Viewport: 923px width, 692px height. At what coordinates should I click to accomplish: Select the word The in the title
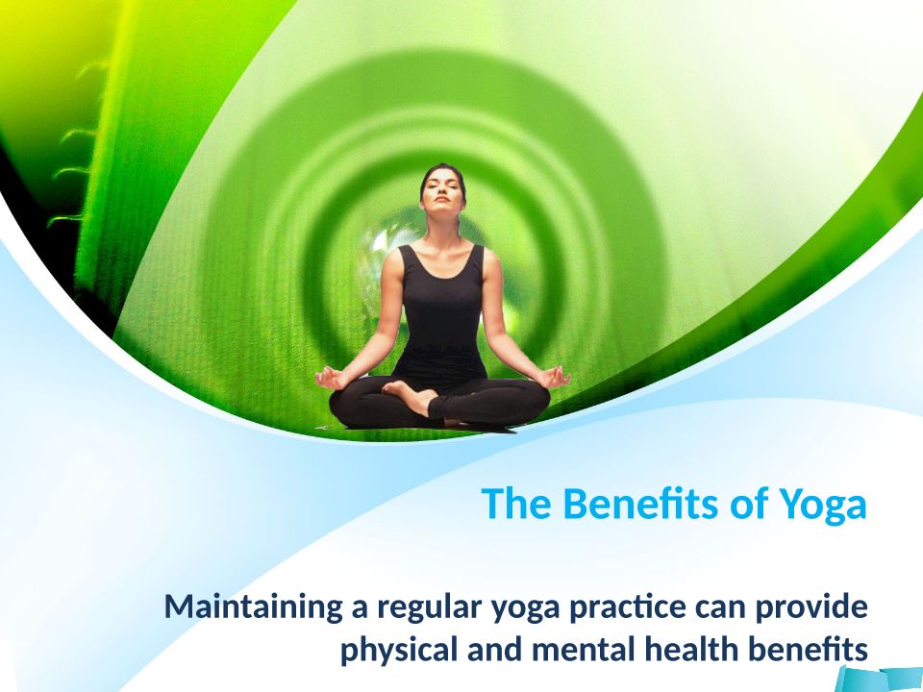[x=516, y=503]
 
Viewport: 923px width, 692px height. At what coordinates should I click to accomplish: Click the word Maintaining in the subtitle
[x=253, y=607]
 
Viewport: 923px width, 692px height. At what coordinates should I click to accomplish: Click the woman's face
[x=442, y=193]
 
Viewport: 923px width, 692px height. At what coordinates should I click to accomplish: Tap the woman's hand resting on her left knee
[x=554, y=376]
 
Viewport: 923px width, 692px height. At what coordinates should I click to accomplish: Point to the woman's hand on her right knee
[x=331, y=378]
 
